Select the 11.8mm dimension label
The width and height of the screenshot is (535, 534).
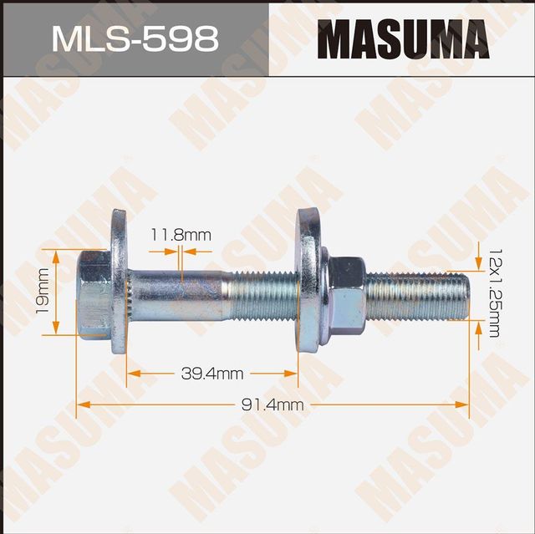click(181, 236)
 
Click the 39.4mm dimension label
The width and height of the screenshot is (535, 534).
click(212, 374)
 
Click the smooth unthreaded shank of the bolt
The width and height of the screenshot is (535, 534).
click(180, 292)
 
